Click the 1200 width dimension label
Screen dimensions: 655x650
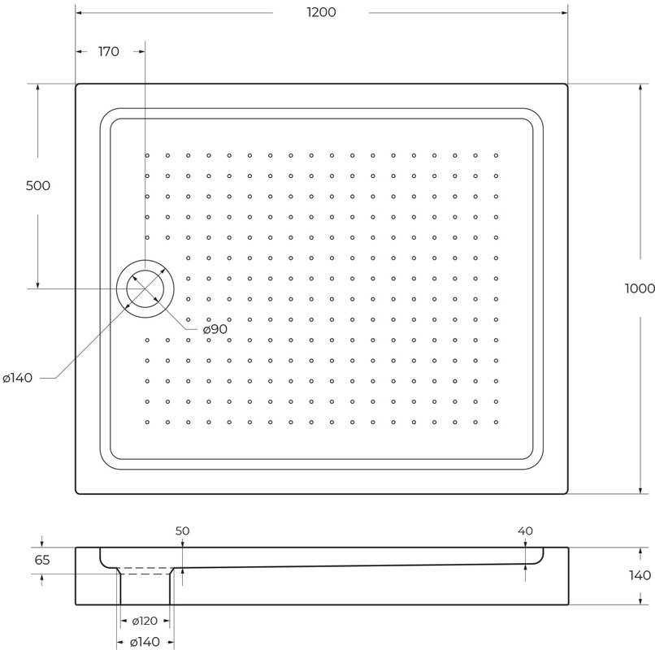[321, 12]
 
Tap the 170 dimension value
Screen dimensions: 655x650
[109, 51]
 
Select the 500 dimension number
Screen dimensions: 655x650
[38, 185]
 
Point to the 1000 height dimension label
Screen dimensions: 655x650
[640, 288]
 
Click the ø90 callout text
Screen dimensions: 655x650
[215, 329]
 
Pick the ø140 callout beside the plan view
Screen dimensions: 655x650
[18, 378]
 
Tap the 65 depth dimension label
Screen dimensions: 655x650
[42, 560]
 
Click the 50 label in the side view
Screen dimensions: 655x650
[182, 531]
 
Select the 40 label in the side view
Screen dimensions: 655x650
[525, 531]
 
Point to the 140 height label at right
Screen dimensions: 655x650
[640, 575]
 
